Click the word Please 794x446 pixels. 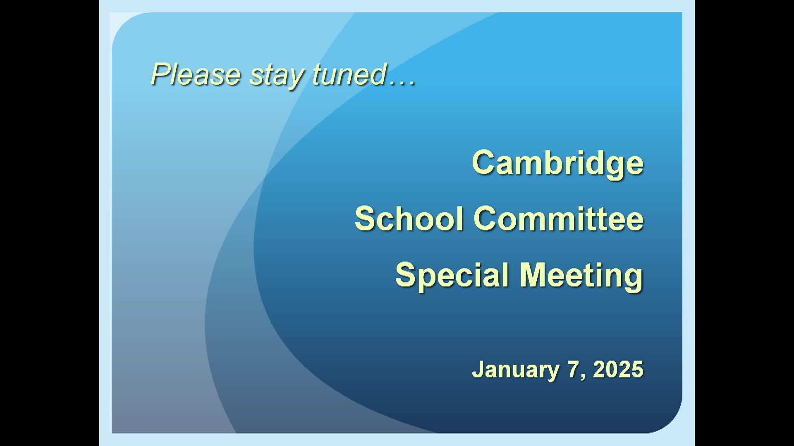[196, 74]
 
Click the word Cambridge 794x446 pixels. [558, 164]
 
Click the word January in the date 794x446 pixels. [515, 370]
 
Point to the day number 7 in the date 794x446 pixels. [573, 369]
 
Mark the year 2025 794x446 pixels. [618, 369]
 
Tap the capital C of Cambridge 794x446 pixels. [485, 162]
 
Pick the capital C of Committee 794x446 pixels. [486, 218]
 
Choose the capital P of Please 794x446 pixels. [162, 74]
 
